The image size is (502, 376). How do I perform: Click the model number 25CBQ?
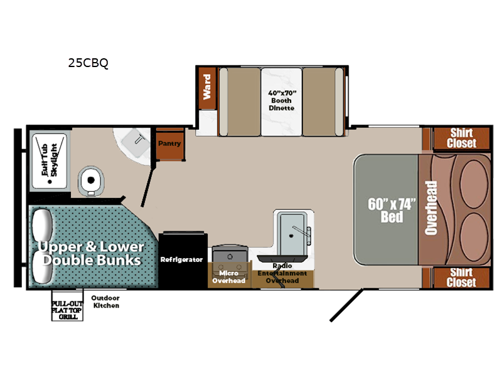88,63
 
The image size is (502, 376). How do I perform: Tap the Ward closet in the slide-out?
207,88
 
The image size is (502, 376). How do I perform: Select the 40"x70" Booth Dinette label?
281,100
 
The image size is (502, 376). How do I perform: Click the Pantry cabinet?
169,144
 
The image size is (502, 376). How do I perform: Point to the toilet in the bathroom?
91,181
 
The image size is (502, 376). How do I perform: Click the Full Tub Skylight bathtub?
50,161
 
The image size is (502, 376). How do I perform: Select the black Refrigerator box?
183,259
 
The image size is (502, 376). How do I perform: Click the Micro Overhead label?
228,277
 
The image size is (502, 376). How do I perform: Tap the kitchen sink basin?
292,234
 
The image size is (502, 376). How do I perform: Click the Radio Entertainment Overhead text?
282,273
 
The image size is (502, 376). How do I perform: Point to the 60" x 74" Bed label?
391,210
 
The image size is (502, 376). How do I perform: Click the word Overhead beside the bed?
431,208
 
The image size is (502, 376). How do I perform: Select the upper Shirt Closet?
461,138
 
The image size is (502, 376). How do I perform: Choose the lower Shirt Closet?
461,278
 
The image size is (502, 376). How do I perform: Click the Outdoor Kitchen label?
105,301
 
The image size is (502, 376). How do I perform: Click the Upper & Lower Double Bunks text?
91,253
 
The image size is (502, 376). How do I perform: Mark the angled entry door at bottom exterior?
346,305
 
